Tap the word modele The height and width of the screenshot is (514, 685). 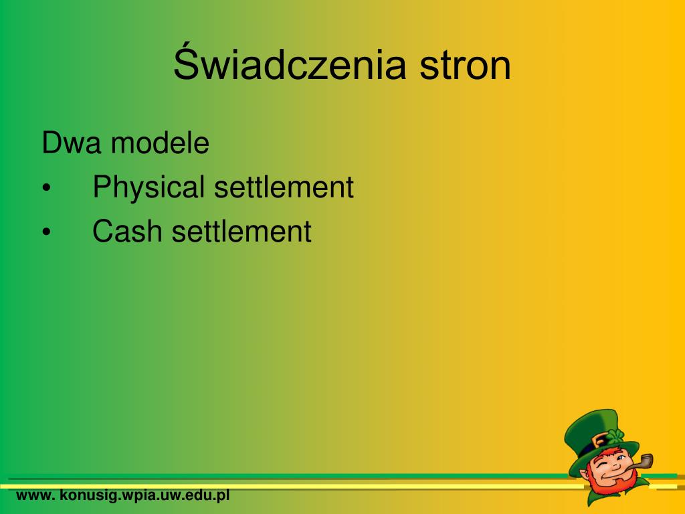(160, 143)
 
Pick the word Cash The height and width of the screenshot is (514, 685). (126, 231)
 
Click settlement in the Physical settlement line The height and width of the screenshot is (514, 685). (284, 187)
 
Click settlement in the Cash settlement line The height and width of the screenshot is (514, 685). (241, 231)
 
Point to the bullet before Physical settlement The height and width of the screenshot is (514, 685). (47, 188)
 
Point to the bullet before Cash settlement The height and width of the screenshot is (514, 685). (47, 232)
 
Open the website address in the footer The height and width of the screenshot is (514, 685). (123, 496)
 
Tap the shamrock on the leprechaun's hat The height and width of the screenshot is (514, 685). (615, 436)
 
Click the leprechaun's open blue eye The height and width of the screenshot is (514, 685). (621, 458)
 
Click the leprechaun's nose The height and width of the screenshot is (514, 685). (615, 466)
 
